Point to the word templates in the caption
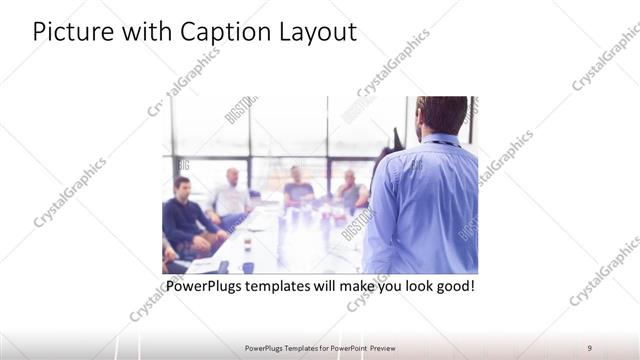tap(293, 287)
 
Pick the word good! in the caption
tap(453, 287)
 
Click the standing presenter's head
tap(441, 114)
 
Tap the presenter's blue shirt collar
tap(440, 139)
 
